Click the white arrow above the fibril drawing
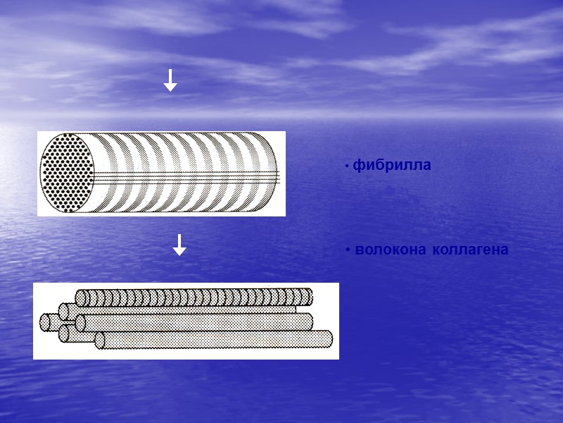[x=170, y=80]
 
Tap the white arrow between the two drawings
[x=179, y=244]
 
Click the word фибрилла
[x=391, y=166]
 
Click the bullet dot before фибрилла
[x=347, y=167]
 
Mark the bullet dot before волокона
[x=348, y=251]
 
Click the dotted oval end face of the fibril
[x=63, y=173]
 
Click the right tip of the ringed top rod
[x=309, y=296]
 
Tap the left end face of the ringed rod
[x=80, y=298]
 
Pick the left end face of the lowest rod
[x=100, y=341]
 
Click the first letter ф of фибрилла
[x=358, y=166]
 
